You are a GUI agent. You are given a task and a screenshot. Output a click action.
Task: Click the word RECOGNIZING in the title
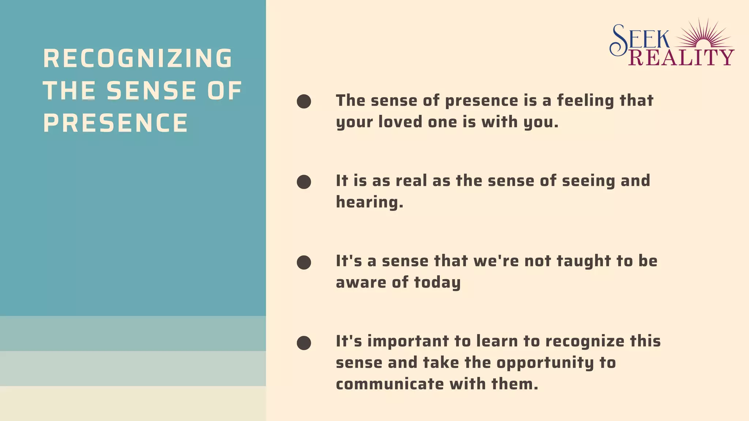coord(138,58)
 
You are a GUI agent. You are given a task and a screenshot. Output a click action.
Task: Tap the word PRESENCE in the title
coord(116,123)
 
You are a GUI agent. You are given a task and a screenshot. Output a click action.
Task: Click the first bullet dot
coord(304,101)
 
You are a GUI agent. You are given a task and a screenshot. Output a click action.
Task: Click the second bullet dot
coord(304,182)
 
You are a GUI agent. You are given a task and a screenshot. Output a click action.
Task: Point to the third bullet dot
coord(304,262)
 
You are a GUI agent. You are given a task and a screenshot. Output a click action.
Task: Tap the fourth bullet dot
coord(304,343)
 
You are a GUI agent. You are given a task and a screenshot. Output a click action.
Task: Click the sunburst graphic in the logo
coord(704,35)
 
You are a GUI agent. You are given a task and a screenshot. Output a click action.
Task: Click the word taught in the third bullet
coord(584,261)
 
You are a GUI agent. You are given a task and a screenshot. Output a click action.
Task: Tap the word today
coord(437,282)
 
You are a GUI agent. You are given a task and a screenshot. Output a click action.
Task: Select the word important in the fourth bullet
coord(408,341)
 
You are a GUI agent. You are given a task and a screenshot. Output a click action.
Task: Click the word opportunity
coord(545,363)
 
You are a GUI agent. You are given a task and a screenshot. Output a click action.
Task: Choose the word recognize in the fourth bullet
coord(585,341)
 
